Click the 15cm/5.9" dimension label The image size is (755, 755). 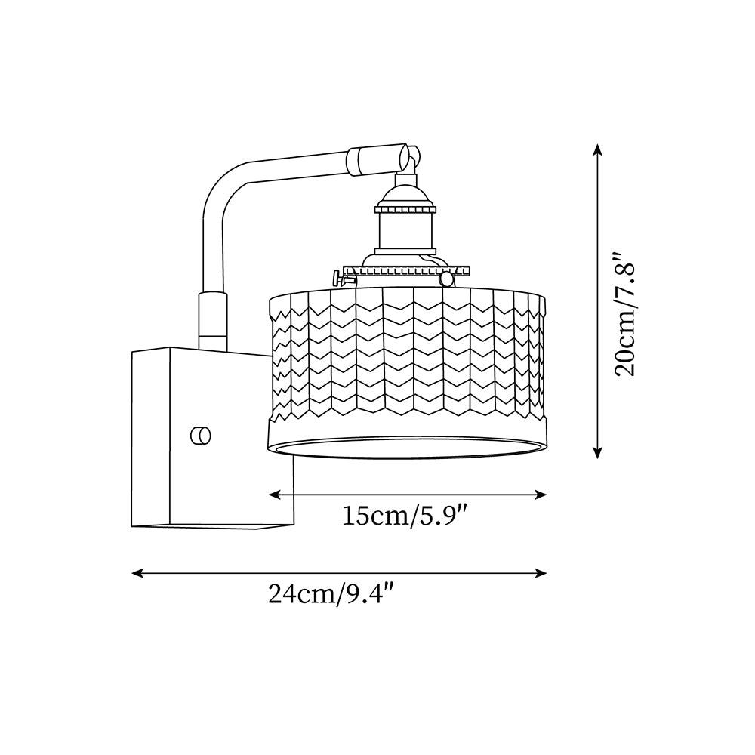click(x=405, y=516)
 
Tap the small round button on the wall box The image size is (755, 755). click(x=201, y=436)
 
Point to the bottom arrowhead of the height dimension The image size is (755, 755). click(x=597, y=452)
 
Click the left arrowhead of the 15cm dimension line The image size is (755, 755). click(x=275, y=495)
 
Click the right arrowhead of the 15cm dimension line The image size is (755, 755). click(x=541, y=495)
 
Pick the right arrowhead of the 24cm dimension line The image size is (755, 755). click(x=541, y=573)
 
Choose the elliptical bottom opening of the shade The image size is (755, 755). click(x=408, y=447)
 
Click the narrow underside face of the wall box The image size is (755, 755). click(x=212, y=525)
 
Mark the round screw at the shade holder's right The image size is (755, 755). click(x=447, y=278)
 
